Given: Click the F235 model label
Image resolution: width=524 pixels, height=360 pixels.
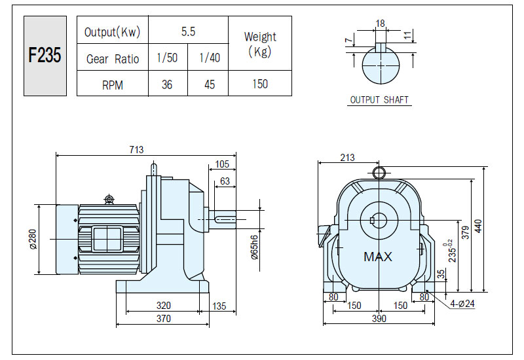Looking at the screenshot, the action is [45, 55].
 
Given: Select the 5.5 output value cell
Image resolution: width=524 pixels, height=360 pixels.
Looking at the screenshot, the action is [188, 31].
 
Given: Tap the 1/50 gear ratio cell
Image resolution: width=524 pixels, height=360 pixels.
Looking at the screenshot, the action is [167, 58].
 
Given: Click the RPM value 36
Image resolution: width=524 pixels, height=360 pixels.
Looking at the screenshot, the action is [167, 84].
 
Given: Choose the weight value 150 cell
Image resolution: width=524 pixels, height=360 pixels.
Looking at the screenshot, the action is [260, 84].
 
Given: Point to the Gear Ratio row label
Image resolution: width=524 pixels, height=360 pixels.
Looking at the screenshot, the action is [113, 59].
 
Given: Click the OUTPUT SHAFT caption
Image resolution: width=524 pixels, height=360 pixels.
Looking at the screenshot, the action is [379, 100].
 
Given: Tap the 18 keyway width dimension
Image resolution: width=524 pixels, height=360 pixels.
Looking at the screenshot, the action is [381, 24].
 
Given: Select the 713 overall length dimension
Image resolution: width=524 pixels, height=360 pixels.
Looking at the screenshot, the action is [136, 150].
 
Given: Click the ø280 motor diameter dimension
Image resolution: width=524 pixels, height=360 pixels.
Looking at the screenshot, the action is [33, 239].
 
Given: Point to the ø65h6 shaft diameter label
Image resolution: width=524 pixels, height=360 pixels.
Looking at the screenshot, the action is [254, 247].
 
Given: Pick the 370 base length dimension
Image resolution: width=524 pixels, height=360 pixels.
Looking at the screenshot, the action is [163, 319].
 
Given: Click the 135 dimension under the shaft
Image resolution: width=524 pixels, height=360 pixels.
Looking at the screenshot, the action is [219, 306].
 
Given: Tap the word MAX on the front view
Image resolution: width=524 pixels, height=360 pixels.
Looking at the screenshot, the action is [378, 257].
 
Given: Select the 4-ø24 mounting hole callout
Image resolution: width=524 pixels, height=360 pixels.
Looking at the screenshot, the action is [462, 304].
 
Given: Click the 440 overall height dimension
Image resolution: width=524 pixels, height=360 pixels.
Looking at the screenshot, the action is [479, 226].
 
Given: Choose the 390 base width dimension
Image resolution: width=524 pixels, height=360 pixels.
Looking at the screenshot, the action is [379, 319].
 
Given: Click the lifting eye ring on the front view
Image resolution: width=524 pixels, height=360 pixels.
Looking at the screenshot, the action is [379, 173].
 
